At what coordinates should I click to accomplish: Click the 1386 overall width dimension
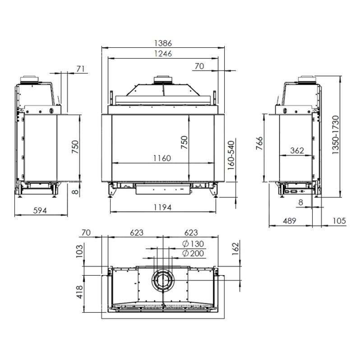163,43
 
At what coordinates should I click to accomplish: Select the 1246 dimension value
163,54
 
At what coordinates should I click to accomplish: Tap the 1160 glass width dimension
162,158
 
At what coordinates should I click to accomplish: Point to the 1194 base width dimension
162,208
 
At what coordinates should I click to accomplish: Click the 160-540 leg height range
232,156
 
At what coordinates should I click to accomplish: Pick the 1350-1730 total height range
336,135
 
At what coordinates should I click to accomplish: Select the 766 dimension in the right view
259,143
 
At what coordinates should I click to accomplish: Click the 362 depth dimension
297,151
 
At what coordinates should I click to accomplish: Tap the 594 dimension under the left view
40,211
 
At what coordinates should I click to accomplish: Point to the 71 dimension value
81,69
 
